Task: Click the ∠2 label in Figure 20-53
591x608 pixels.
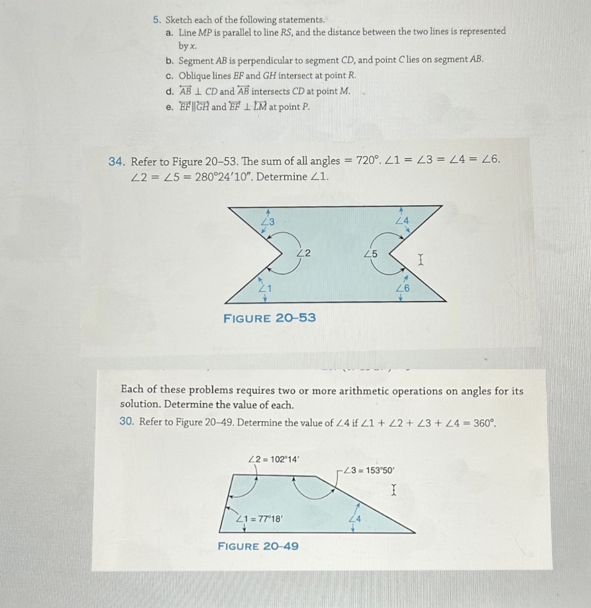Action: pyautogui.click(x=304, y=253)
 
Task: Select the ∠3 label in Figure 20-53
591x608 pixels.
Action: pyautogui.click(x=268, y=221)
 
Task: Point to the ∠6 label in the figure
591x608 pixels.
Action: pyautogui.click(x=403, y=289)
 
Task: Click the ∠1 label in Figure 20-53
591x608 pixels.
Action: pyautogui.click(x=264, y=289)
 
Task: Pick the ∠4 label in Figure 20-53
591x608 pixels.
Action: pyautogui.click(x=402, y=221)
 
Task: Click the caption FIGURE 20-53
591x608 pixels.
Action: pyautogui.click(x=269, y=318)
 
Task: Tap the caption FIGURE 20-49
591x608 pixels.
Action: pyautogui.click(x=258, y=546)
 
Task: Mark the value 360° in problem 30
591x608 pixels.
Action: pyautogui.click(x=483, y=422)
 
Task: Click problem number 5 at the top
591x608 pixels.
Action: pyautogui.click(x=156, y=20)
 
